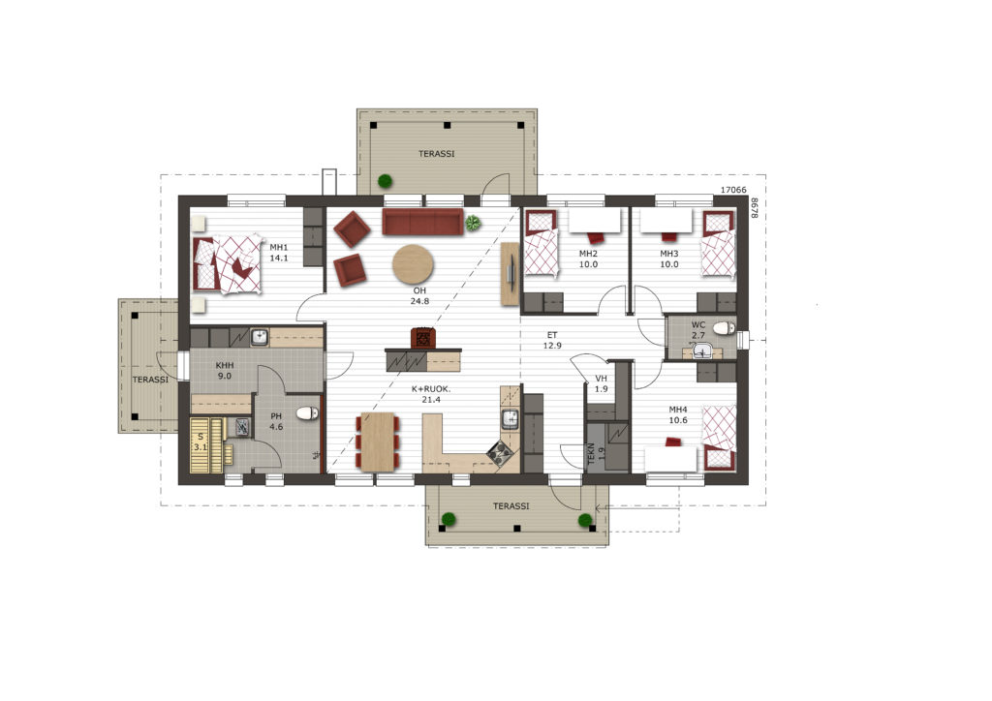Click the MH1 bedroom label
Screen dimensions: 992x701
pos(279,252)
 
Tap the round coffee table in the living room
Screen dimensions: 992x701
pos(413,265)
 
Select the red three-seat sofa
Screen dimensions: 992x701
pos(422,223)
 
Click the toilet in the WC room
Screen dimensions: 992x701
pos(723,327)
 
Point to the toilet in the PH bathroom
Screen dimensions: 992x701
pos(307,412)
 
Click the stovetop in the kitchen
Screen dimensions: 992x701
pos(500,452)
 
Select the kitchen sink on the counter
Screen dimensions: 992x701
pos(510,418)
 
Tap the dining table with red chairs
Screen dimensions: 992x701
pos(378,442)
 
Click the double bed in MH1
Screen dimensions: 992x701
pos(228,263)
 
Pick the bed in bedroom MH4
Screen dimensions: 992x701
pos(720,438)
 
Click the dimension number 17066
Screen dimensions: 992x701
pos(734,190)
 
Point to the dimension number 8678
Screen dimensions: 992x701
pos(754,208)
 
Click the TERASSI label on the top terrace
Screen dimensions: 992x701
pos(437,154)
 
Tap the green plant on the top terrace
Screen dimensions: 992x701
pos(385,181)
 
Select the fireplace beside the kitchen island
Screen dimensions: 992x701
pos(423,338)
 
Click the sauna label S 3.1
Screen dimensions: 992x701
pos(201,442)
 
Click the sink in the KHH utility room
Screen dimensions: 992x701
pos(260,337)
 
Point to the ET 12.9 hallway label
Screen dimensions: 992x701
pos(552,340)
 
